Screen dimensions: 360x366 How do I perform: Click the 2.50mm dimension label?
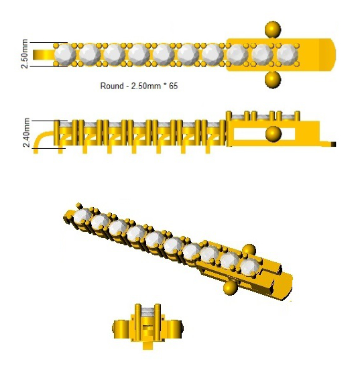point(25,54)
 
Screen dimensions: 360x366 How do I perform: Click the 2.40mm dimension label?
point(26,133)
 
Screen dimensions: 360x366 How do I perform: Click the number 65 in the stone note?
point(173,86)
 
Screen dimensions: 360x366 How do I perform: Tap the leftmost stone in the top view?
point(64,55)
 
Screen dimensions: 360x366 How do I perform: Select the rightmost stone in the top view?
point(288,55)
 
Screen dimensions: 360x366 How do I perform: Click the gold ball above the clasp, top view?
point(273,29)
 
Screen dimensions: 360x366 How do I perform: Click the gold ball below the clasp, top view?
point(273,80)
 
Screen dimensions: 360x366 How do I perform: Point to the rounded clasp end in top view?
point(328,55)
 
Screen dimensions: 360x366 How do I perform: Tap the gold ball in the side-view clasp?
point(274,134)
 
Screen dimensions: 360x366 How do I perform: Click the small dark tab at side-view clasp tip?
point(333,144)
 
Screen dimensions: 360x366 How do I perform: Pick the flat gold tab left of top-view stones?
point(44,55)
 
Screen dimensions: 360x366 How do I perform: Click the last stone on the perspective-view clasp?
point(250,267)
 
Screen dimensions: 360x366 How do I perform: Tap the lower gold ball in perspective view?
point(231,288)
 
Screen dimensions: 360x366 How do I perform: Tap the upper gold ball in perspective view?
point(249,250)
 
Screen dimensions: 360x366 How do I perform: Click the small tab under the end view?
point(147,345)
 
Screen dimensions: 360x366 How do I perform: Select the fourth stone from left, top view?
point(139,55)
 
